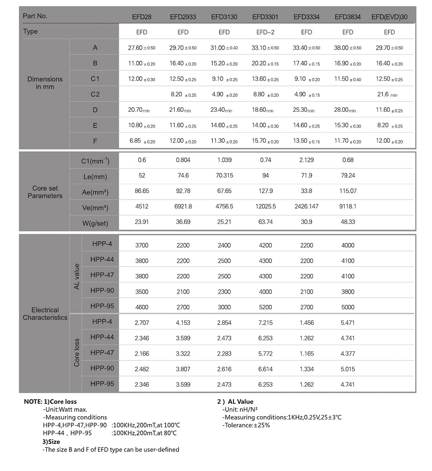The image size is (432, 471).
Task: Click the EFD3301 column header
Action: (x=265, y=17)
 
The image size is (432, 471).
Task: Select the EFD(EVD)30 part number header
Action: (x=389, y=17)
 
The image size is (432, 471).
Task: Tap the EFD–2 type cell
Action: (x=265, y=32)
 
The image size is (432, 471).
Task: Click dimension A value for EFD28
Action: (x=141, y=48)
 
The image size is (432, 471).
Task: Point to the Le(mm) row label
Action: (x=95, y=176)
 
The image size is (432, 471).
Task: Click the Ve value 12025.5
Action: (x=265, y=206)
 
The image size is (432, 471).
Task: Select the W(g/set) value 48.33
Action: (x=348, y=222)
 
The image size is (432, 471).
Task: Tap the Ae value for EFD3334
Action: (x=306, y=191)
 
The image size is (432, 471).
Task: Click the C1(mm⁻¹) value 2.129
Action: (x=306, y=160)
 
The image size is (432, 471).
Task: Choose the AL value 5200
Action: (x=265, y=307)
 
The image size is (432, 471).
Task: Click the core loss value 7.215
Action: (x=265, y=323)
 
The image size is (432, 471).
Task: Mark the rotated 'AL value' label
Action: (x=77, y=276)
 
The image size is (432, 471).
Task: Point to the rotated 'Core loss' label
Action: (x=77, y=353)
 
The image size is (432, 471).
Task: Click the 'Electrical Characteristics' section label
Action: (x=45, y=314)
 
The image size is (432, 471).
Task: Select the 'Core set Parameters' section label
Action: (x=45, y=192)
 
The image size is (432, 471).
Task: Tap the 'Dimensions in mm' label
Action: (x=45, y=83)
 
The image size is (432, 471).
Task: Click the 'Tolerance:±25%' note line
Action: (x=246, y=425)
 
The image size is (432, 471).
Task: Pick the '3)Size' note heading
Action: (x=51, y=442)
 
